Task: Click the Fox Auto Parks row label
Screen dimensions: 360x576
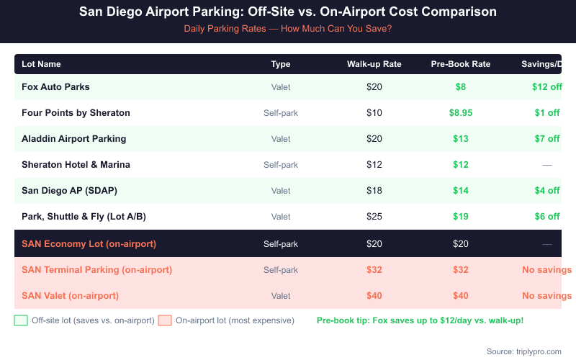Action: coord(55,87)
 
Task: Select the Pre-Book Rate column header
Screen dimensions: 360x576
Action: coord(461,64)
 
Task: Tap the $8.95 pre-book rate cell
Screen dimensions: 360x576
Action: coord(461,113)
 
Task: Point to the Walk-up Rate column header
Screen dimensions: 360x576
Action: coord(374,64)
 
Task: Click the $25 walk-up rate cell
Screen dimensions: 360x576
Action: coord(374,217)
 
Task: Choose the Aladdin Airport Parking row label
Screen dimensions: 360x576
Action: coord(73,139)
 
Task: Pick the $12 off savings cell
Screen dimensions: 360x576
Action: coord(546,87)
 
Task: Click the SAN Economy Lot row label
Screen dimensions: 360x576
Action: coord(89,244)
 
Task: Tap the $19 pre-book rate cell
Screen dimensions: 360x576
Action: coord(461,217)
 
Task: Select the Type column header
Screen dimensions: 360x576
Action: coord(281,64)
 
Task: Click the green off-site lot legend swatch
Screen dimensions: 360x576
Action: coord(21,320)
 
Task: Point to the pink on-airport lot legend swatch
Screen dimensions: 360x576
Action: coord(165,320)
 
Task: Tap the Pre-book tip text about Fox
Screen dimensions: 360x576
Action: coord(420,320)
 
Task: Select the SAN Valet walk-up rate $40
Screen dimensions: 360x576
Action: coord(374,296)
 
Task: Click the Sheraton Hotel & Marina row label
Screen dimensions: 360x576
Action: coord(76,165)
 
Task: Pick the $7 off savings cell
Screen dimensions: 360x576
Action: coord(546,139)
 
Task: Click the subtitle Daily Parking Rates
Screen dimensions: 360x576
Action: coord(287,30)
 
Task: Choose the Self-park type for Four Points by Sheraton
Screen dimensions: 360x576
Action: coord(281,113)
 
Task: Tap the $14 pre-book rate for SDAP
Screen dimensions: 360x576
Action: coord(461,191)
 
